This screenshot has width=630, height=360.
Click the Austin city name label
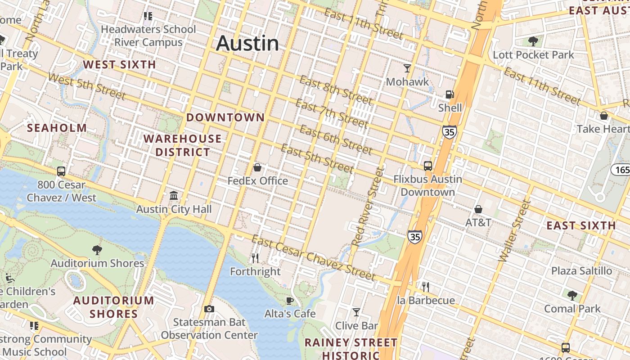coord(247,43)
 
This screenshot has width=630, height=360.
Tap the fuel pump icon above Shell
coord(449,94)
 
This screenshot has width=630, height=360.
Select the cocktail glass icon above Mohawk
coord(407,68)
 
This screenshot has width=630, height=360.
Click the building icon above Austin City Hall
coord(174,196)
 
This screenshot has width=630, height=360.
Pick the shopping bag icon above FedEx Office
coord(257,168)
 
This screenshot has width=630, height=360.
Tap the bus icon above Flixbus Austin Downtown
coord(427,166)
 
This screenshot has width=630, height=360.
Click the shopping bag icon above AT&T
coord(478,209)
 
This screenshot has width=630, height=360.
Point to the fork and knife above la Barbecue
coord(425,287)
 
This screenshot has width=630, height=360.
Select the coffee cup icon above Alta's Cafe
coord(290,300)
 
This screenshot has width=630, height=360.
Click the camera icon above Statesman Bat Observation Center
coord(209,309)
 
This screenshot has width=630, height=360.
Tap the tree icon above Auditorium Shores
coord(97,250)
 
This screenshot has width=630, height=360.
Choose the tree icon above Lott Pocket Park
coord(533,41)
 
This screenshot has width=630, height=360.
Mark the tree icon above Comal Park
coord(572,296)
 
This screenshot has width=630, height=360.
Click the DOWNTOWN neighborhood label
coord(225,117)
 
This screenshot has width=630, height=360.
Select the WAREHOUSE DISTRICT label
coord(183,145)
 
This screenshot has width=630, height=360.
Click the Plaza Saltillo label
coord(582,271)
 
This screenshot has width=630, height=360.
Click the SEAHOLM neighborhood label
coord(57,128)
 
